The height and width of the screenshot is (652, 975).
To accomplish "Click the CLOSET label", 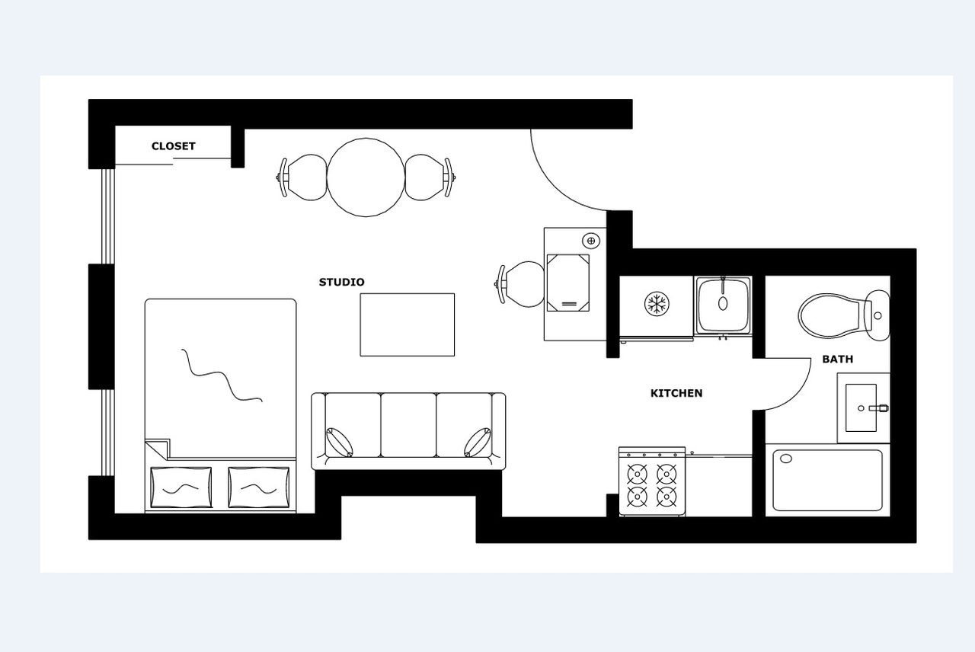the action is (173, 146).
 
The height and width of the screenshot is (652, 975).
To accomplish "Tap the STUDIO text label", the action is (342, 282).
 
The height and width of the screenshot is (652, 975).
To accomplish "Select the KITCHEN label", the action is (676, 394).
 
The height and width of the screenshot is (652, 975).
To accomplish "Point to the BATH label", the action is (837, 360).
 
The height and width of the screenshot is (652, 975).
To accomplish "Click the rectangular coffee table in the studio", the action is (407, 324).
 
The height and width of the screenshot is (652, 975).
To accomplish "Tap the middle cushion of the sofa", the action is (408, 425).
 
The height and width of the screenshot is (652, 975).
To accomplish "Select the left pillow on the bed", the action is (181, 487).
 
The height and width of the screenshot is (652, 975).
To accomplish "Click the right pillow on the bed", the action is (258, 487).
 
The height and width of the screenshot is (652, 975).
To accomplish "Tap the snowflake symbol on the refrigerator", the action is (657, 303).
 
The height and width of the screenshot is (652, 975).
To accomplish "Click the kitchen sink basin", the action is (723, 305).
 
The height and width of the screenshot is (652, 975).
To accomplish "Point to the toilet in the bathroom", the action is (843, 315).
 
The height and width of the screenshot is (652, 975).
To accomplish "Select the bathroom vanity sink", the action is (861, 407).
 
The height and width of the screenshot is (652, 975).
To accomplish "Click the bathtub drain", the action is (786, 459).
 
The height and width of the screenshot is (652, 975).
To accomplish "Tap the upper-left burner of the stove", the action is (638, 474).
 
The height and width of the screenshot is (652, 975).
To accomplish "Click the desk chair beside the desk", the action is (519, 284).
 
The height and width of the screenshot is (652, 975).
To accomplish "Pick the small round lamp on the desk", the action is (591, 241).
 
